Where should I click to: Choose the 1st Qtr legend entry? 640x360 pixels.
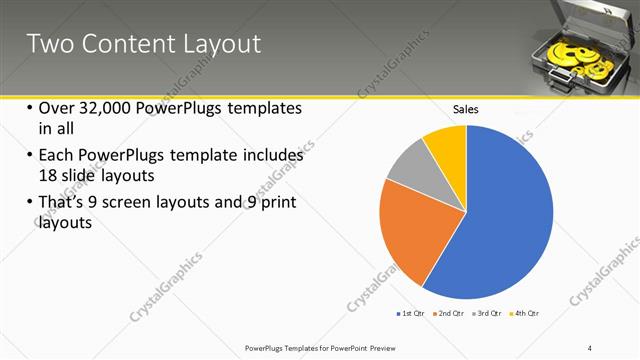tap(410, 314)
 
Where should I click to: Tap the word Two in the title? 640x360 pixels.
tap(48, 44)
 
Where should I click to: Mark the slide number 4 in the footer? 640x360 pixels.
tap(590, 347)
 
